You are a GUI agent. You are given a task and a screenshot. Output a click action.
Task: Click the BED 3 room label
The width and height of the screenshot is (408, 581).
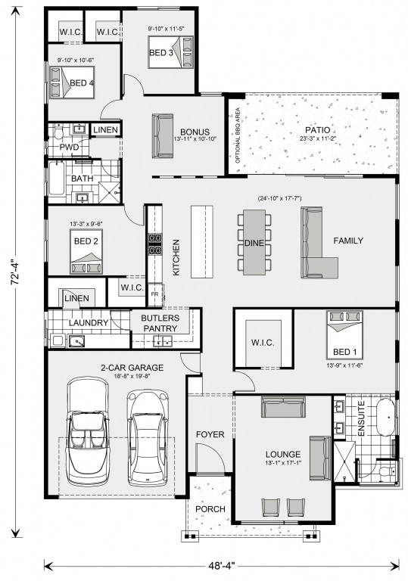pyautogui.click(x=161, y=53)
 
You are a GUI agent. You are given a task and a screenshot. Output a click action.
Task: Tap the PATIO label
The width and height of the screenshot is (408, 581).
pyautogui.click(x=317, y=130)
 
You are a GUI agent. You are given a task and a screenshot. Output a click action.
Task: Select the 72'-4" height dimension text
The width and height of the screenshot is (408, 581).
pyautogui.click(x=15, y=272)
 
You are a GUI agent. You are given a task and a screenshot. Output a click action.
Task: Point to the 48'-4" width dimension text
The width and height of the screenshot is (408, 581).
pyautogui.click(x=222, y=566)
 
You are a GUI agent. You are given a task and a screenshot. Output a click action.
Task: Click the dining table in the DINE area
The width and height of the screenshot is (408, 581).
pyautogui.click(x=254, y=242)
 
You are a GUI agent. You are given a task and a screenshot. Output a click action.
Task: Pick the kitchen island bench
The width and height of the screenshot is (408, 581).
pyautogui.click(x=202, y=241)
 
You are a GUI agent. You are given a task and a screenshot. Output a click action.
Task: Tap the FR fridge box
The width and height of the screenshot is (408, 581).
pyautogui.click(x=155, y=294)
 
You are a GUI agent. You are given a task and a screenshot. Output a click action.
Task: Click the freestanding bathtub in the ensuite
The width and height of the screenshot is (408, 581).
pyautogui.click(x=386, y=418)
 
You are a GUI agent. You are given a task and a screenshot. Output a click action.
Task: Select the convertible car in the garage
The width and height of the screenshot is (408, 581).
pyautogui.click(x=88, y=431)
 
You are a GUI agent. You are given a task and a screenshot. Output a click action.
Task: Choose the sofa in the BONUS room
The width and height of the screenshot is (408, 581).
pyautogui.click(x=163, y=135)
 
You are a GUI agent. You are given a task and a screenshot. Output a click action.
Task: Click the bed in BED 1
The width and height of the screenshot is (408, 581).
pyautogui.click(x=344, y=334)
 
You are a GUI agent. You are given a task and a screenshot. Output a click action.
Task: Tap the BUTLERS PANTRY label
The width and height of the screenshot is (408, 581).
pyautogui.click(x=160, y=323)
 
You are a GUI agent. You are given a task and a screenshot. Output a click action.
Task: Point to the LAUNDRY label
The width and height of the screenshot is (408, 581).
pyautogui.click(x=89, y=323)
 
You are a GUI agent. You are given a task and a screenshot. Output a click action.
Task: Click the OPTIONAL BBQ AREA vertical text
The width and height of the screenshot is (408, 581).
pyautogui.click(x=238, y=135)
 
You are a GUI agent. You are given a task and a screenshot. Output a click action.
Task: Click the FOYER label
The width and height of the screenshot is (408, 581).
pyautogui.click(x=210, y=434)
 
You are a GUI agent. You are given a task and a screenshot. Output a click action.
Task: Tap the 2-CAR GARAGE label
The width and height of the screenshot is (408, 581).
pyautogui.click(x=132, y=368)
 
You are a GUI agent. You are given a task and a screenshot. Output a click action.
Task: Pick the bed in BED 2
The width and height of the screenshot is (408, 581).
pyautogui.click(x=86, y=251)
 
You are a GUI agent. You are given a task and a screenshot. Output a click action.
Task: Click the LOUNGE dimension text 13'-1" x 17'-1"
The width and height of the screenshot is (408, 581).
pyautogui.click(x=282, y=463)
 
